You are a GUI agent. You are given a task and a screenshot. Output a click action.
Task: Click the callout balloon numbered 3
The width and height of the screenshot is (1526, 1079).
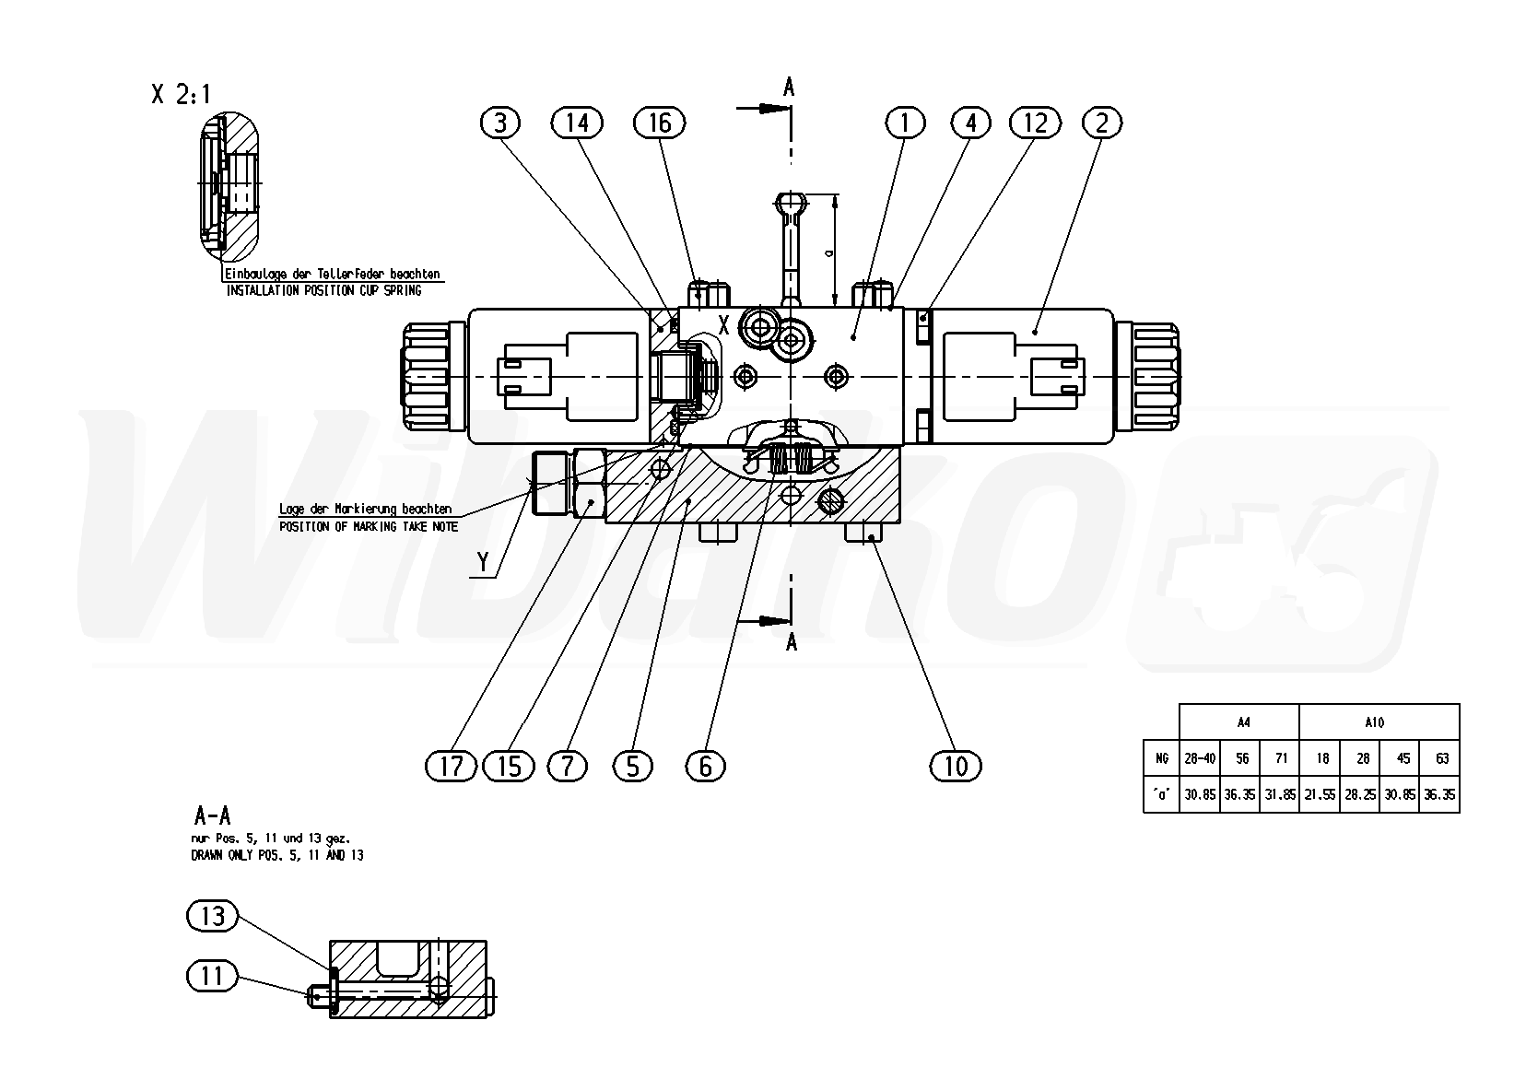pyautogui.click(x=500, y=123)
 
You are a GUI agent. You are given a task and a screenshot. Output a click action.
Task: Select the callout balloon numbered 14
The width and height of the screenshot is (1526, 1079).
pyautogui.click(x=577, y=123)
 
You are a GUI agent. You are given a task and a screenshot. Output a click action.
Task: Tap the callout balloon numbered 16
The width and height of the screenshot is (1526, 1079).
pyautogui.click(x=660, y=123)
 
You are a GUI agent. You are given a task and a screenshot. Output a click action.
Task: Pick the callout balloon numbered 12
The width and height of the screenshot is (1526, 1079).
pyautogui.click(x=1035, y=123)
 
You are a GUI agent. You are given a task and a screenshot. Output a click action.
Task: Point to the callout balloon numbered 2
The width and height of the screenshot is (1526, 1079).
pyautogui.click(x=1102, y=123)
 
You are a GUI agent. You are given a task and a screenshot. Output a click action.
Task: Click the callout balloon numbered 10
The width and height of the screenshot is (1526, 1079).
pyautogui.click(x=956, y=765)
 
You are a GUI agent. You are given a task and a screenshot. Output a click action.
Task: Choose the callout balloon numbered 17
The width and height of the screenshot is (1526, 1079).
pyautogui.click(x=452, y=765)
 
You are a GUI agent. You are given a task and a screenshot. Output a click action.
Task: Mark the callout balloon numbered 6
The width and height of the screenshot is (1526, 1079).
pyautogui.click(x=705, y=765)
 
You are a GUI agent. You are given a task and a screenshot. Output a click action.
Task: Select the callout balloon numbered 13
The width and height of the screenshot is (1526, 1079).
pyautogui.click(x=212, y=916)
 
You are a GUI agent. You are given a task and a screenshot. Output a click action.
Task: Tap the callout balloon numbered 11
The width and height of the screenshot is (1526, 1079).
pyautogui.click(x=212, y=975)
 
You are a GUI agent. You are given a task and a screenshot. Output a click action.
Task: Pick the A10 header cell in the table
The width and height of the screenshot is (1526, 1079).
pyautogui.click(x=1379, y=722)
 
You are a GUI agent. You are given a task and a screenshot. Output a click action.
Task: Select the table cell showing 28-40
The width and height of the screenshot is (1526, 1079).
pyautogui.click(x=1200, y=758)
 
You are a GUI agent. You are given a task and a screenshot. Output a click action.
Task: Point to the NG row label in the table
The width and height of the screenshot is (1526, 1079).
pyautogui.click(x=1161, y=758)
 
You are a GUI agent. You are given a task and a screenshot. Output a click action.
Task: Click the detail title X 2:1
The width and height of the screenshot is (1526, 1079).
pyautogui.click(x=181, y=95)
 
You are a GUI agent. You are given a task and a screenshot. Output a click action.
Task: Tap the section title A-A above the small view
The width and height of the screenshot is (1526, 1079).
pyautogui.click(x=212, y=815)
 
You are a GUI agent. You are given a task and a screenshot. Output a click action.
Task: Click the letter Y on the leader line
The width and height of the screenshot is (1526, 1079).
pyautogui.click(x=483, y=561)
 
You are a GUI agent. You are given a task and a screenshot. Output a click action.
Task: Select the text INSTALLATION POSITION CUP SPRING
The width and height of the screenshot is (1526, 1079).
pyautogui.click(x=323, y=290)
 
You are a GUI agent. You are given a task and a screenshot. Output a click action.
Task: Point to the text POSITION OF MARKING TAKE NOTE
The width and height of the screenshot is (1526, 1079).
pyautogui.click(x=369, y=526)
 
